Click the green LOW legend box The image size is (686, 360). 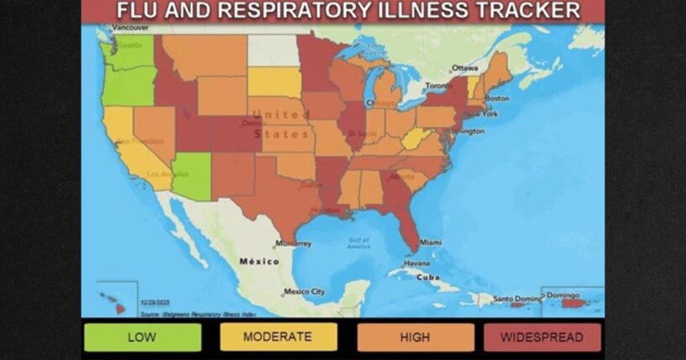click(x=142, y=337)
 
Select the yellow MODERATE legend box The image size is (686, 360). click(x=277, y=337)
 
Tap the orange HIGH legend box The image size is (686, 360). click(x=415, y=337)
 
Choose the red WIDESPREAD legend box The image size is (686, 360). click(x=542, y=337)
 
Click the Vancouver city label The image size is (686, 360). click(x=130, y=28)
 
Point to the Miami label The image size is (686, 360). click(x=430, y=242)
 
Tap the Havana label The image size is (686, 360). click(x=416, y=263)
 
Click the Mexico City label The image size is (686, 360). click(x=304, y=292)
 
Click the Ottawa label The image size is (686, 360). click(x=465, y=67)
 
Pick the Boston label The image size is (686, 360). click(x=497, y=97)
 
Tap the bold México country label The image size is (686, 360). click(x=259, y=261)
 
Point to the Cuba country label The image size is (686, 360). click(x=428, y=277)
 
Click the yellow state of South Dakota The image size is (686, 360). click(x=274, y=82)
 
